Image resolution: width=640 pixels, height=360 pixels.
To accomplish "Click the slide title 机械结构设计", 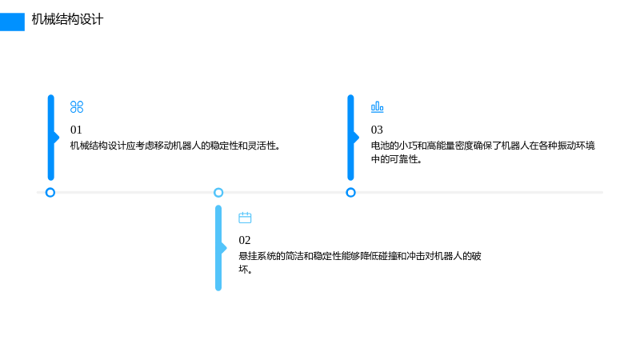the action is pos(67,19).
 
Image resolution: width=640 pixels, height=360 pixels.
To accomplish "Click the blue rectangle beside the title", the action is pos(12,22).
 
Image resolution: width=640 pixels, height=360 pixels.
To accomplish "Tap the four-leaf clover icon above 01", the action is pos(77,107).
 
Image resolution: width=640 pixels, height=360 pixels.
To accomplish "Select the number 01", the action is pos(76,130).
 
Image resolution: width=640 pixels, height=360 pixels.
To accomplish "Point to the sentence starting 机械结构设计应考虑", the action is pos(174,146).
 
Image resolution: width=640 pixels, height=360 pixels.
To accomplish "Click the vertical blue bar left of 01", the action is pos(51,138).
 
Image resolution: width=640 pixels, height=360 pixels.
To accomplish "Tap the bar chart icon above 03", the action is pos(377,107).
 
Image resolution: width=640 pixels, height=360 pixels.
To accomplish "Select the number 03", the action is pos(377,130).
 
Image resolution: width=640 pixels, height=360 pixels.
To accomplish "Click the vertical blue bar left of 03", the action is pos(351,138).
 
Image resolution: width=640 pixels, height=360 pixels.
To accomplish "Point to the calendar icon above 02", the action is pos(245,218).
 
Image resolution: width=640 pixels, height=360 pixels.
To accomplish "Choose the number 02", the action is pos(245,240).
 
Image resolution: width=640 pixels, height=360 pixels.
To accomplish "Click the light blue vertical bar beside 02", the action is pos(218,248).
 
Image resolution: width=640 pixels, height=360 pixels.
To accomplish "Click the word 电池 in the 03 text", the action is pos(380,146).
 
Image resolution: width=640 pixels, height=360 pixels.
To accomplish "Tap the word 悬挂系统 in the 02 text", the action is pos(257,256).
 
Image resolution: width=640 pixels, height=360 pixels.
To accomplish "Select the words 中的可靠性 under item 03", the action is pos(394,159).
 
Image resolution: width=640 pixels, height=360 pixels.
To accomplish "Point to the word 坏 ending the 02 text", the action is pos(244,270).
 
